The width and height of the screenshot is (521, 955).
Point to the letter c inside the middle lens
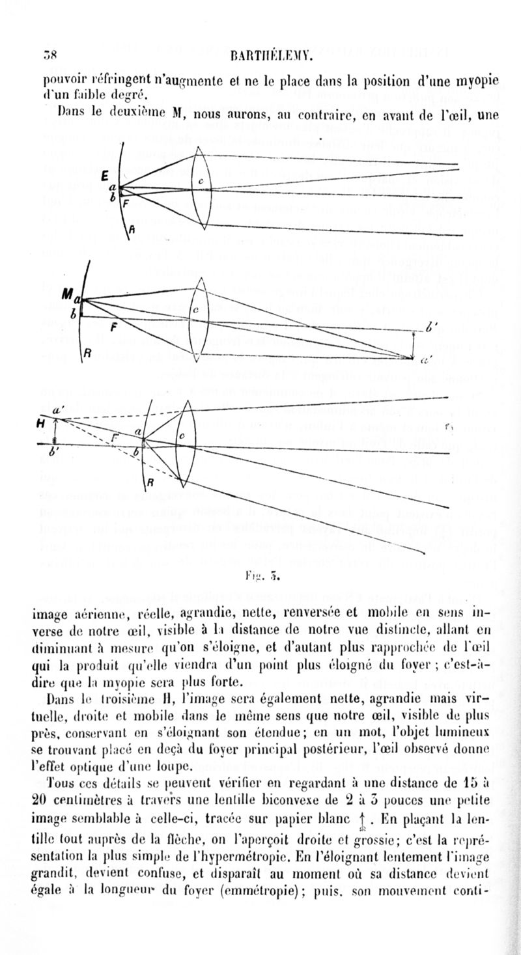coord(195,312)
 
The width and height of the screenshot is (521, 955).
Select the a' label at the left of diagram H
coord(57,410)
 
